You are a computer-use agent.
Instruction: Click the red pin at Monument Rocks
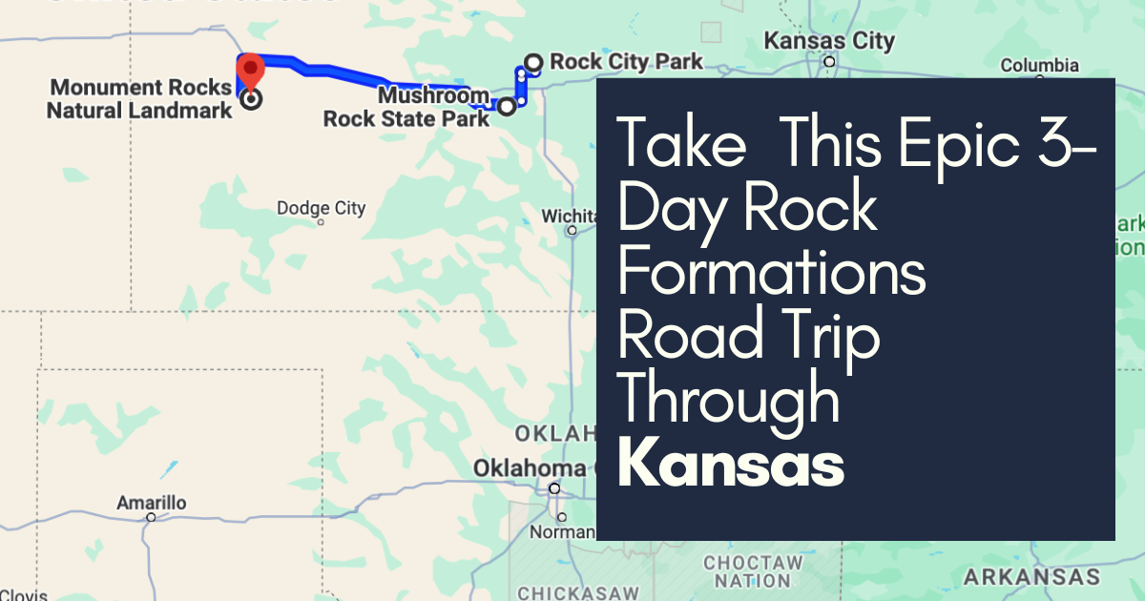tap(250, 70)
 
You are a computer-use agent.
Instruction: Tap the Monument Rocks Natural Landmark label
tap(140, 99)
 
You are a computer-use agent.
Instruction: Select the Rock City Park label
tap(626, 62)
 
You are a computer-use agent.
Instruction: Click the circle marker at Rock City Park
tap(533, 63)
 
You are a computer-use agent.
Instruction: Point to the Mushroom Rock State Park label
tap(406, 108)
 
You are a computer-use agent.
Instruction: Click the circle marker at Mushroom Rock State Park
tap(507, 107)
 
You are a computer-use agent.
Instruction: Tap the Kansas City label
tap(830, 41)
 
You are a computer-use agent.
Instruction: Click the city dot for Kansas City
tap(830, 61)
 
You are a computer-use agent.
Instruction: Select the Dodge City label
tap(321, 208)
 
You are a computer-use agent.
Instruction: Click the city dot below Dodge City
tap(321, 223)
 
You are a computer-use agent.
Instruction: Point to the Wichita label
tap(570, 216)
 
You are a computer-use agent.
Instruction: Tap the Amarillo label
tap(151, 503)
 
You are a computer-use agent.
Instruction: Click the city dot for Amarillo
tap(151, 518)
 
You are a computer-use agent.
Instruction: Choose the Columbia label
tap(1039, 66)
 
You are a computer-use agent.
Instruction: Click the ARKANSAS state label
tap(1031, 577)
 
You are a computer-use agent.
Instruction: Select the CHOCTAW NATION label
tap(752, 571)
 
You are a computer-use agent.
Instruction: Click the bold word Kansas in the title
tap(732, 465)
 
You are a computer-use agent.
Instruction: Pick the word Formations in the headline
tap(772, 272)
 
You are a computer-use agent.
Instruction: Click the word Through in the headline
tap(729, 400)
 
